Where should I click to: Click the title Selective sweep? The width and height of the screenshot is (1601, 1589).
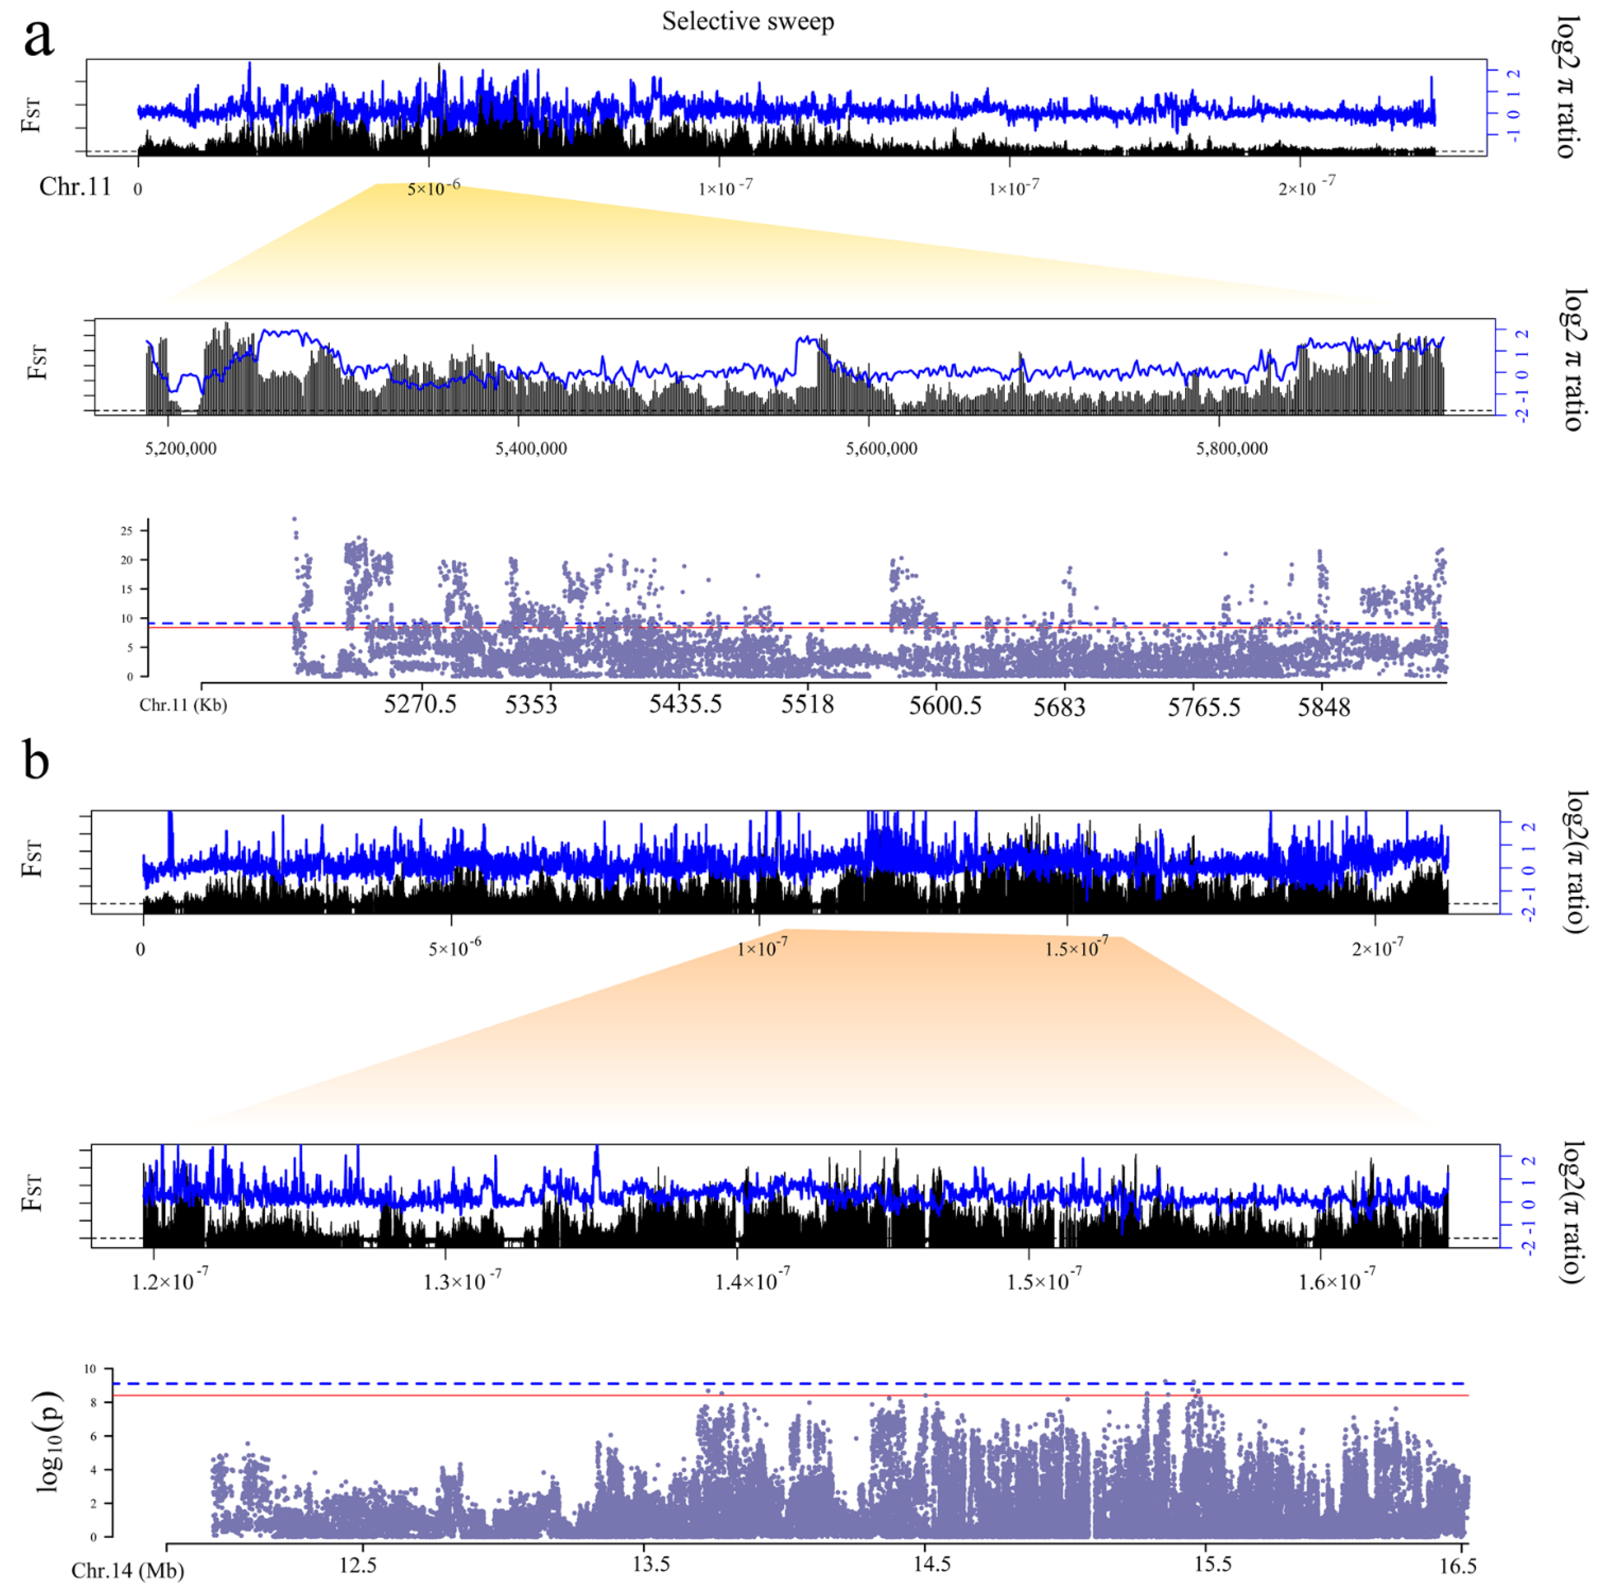click(x=747, y=21)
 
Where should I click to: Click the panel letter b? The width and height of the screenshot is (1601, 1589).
click(x=37, y=760)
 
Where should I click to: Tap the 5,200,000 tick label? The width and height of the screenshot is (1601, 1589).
click(x=181, y=448)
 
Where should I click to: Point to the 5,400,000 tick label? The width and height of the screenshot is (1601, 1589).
click(x=531, y=448)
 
